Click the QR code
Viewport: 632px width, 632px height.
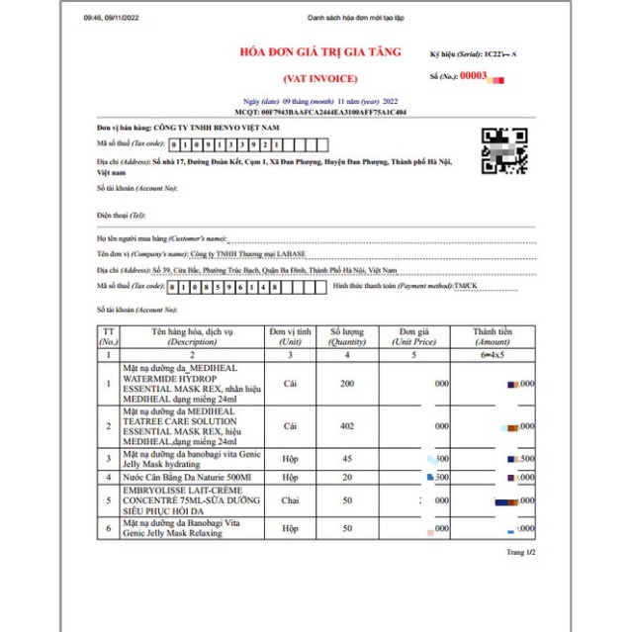[503, 151]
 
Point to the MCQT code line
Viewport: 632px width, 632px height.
[315, 112]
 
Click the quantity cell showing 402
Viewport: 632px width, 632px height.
[346, 426]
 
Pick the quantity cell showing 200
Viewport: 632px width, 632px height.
[346, 383]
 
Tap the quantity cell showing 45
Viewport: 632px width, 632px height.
[346, 459]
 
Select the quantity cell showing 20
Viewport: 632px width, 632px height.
[346, 477]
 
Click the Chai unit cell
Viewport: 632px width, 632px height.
[290, 501]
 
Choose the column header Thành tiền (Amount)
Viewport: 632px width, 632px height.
[493, 335]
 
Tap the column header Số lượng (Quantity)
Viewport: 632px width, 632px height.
[346, 335]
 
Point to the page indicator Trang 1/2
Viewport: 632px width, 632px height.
[520, 552]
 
